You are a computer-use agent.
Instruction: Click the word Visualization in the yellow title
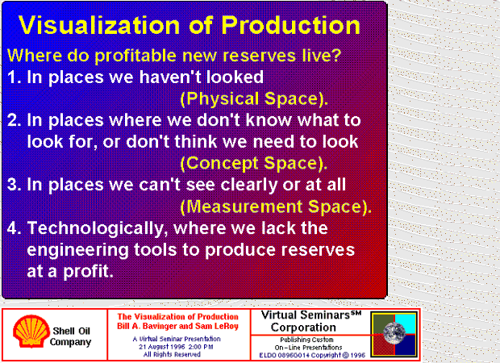(99, 25)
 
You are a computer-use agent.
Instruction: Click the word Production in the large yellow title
(291, 25)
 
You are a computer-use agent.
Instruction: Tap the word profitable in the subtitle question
(135, 56)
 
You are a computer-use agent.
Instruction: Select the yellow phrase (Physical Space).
(254, 99)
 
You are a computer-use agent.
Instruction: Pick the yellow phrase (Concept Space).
(254, 163)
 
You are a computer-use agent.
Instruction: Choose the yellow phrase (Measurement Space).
(276, 207)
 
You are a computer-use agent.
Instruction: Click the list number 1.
(14, 77)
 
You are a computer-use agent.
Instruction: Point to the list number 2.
(14, 120)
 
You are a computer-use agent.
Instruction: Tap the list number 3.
(14, 185)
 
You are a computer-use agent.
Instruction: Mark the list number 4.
(14, 228)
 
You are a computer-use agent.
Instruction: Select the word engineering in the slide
(77, 251)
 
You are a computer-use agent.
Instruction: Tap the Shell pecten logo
(31, 331)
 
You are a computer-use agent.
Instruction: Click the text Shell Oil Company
(71, 336)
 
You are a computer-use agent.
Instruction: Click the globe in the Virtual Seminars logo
(394, 333)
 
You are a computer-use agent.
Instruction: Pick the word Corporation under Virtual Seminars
(303, 328)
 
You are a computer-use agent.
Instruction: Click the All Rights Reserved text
(172, 354)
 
